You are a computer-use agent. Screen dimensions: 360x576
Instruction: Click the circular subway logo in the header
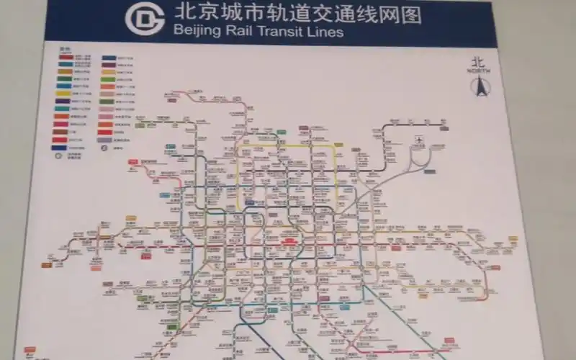[x=145, y=19]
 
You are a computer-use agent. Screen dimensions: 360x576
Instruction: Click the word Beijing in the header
[x=193, y=32]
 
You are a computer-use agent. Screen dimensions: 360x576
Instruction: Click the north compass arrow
[x=478, y=87]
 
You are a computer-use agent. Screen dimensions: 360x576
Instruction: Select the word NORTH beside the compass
[x=478, y=71]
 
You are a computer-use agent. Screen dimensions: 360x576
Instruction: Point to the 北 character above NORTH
[x=478, y=63]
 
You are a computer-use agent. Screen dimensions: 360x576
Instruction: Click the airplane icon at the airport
[x=420, y=139]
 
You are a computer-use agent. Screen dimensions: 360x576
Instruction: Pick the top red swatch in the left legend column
[x=66, y=57]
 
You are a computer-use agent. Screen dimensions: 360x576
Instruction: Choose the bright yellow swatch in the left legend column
[x=63, y=93]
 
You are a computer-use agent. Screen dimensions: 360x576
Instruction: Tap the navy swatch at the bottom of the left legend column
[x=63, y=148]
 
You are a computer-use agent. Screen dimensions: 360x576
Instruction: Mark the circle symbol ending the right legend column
[x=104, y=148]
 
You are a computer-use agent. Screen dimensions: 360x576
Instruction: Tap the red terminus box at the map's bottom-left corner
[x=30, y=351]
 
